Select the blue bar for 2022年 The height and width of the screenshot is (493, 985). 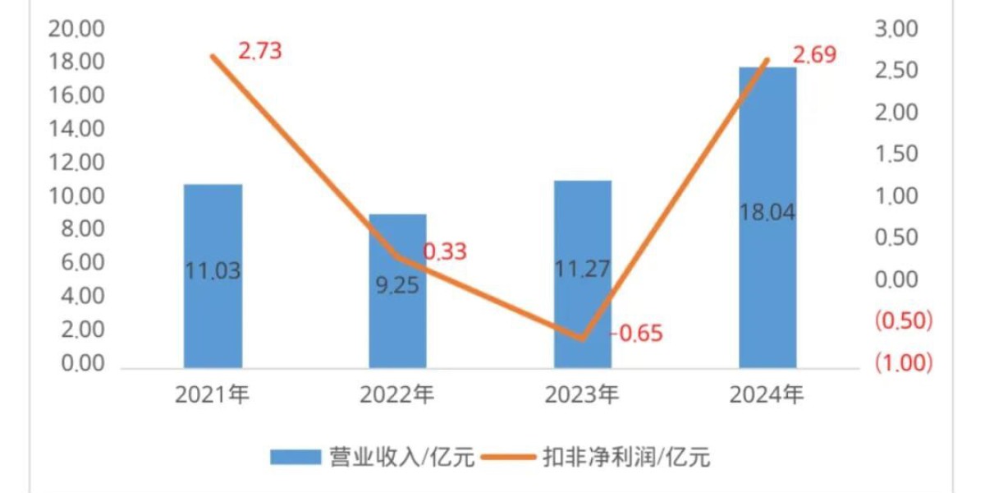(x=397, y=329)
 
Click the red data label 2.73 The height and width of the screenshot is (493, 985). (x=260, y=52)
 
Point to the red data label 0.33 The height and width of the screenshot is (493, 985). (x=445, y=251)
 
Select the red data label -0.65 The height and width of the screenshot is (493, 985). (x=636, y=334)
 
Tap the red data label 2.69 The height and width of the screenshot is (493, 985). (x=814, y=56)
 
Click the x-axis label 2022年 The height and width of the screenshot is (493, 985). (x=397, y=395)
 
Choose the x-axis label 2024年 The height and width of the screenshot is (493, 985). (x=767, y=395)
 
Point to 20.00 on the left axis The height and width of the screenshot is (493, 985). (x=77, y=30)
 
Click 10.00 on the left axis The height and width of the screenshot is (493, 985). (x=77, y=196)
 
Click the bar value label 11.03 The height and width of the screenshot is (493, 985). (x=213, y=271)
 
